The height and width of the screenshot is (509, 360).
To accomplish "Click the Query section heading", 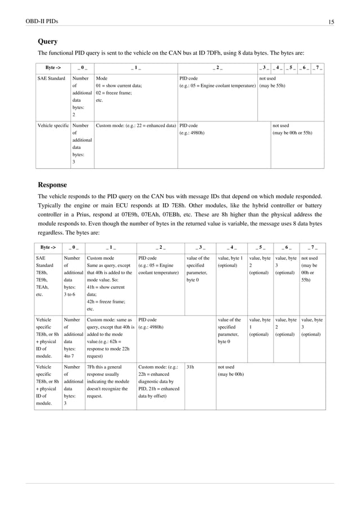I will click(47, 41).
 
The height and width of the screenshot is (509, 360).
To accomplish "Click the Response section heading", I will click(52, 185).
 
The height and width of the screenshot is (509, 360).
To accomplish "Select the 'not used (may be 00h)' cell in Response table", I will click(231, 370).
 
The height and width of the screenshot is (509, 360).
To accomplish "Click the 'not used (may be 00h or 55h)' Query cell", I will click(292, 129).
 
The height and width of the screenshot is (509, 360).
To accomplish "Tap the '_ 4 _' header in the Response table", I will click(231, 247).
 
